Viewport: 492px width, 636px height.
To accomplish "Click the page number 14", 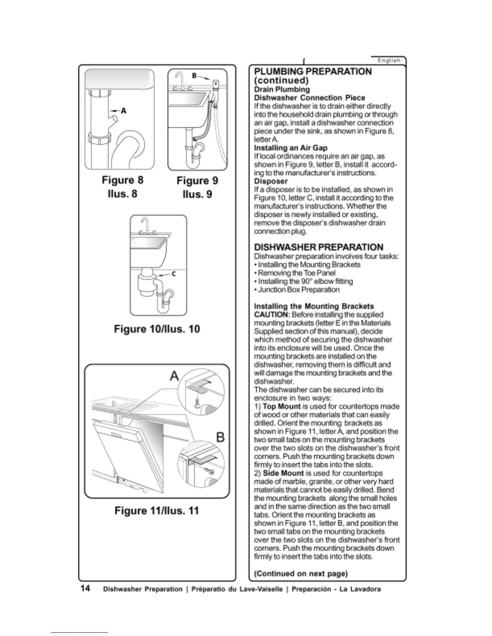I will [x=85, y=589].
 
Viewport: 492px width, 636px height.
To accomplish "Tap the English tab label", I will [x=389, y=61].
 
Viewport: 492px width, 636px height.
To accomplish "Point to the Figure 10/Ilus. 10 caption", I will [x=157, y=329].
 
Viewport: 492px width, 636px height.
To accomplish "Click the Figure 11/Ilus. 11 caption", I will [x=157, y=511].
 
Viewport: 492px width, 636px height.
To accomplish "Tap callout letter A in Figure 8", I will [x=124, y=110].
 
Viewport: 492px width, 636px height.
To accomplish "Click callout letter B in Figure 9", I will [x=194, y=75].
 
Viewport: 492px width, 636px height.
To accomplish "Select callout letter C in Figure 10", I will [x=174, y=274].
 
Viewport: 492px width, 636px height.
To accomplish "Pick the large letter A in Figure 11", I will [x=174, y=376].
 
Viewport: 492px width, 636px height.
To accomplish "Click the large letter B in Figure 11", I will [x=220, y=437].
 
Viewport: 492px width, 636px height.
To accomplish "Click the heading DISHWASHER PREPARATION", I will [x=319, y=247].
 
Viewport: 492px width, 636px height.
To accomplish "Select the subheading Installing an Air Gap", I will [x=291, y=148].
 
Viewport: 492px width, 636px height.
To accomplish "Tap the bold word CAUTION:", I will [x=272, y=314].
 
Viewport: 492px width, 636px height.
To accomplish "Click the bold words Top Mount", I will [x=281, y=406].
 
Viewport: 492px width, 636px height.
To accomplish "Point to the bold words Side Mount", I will [x=283, y=473].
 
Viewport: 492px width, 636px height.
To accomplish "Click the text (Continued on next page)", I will [x=301, y=573].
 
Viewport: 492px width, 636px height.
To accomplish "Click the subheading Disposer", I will [x=271, y=181].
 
